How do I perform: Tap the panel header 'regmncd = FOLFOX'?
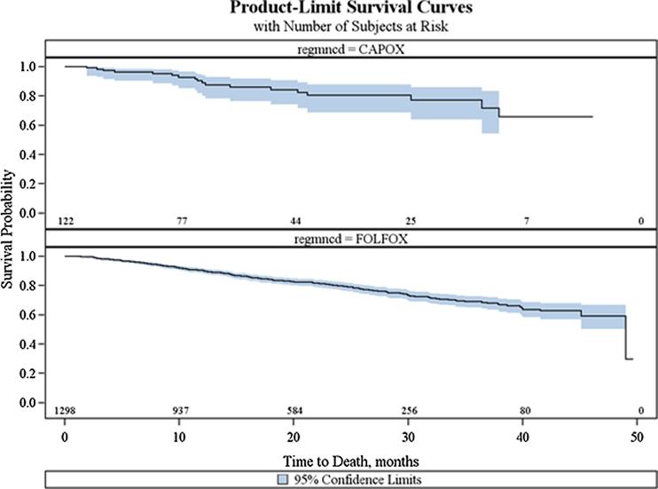[x=341, y=240]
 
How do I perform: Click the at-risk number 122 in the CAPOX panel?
[x=65, y=220]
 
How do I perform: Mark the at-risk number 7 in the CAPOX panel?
[x=525, y=220]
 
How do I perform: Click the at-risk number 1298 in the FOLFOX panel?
[x=65, y=411]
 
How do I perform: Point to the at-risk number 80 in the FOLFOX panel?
[x=525, y=411]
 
